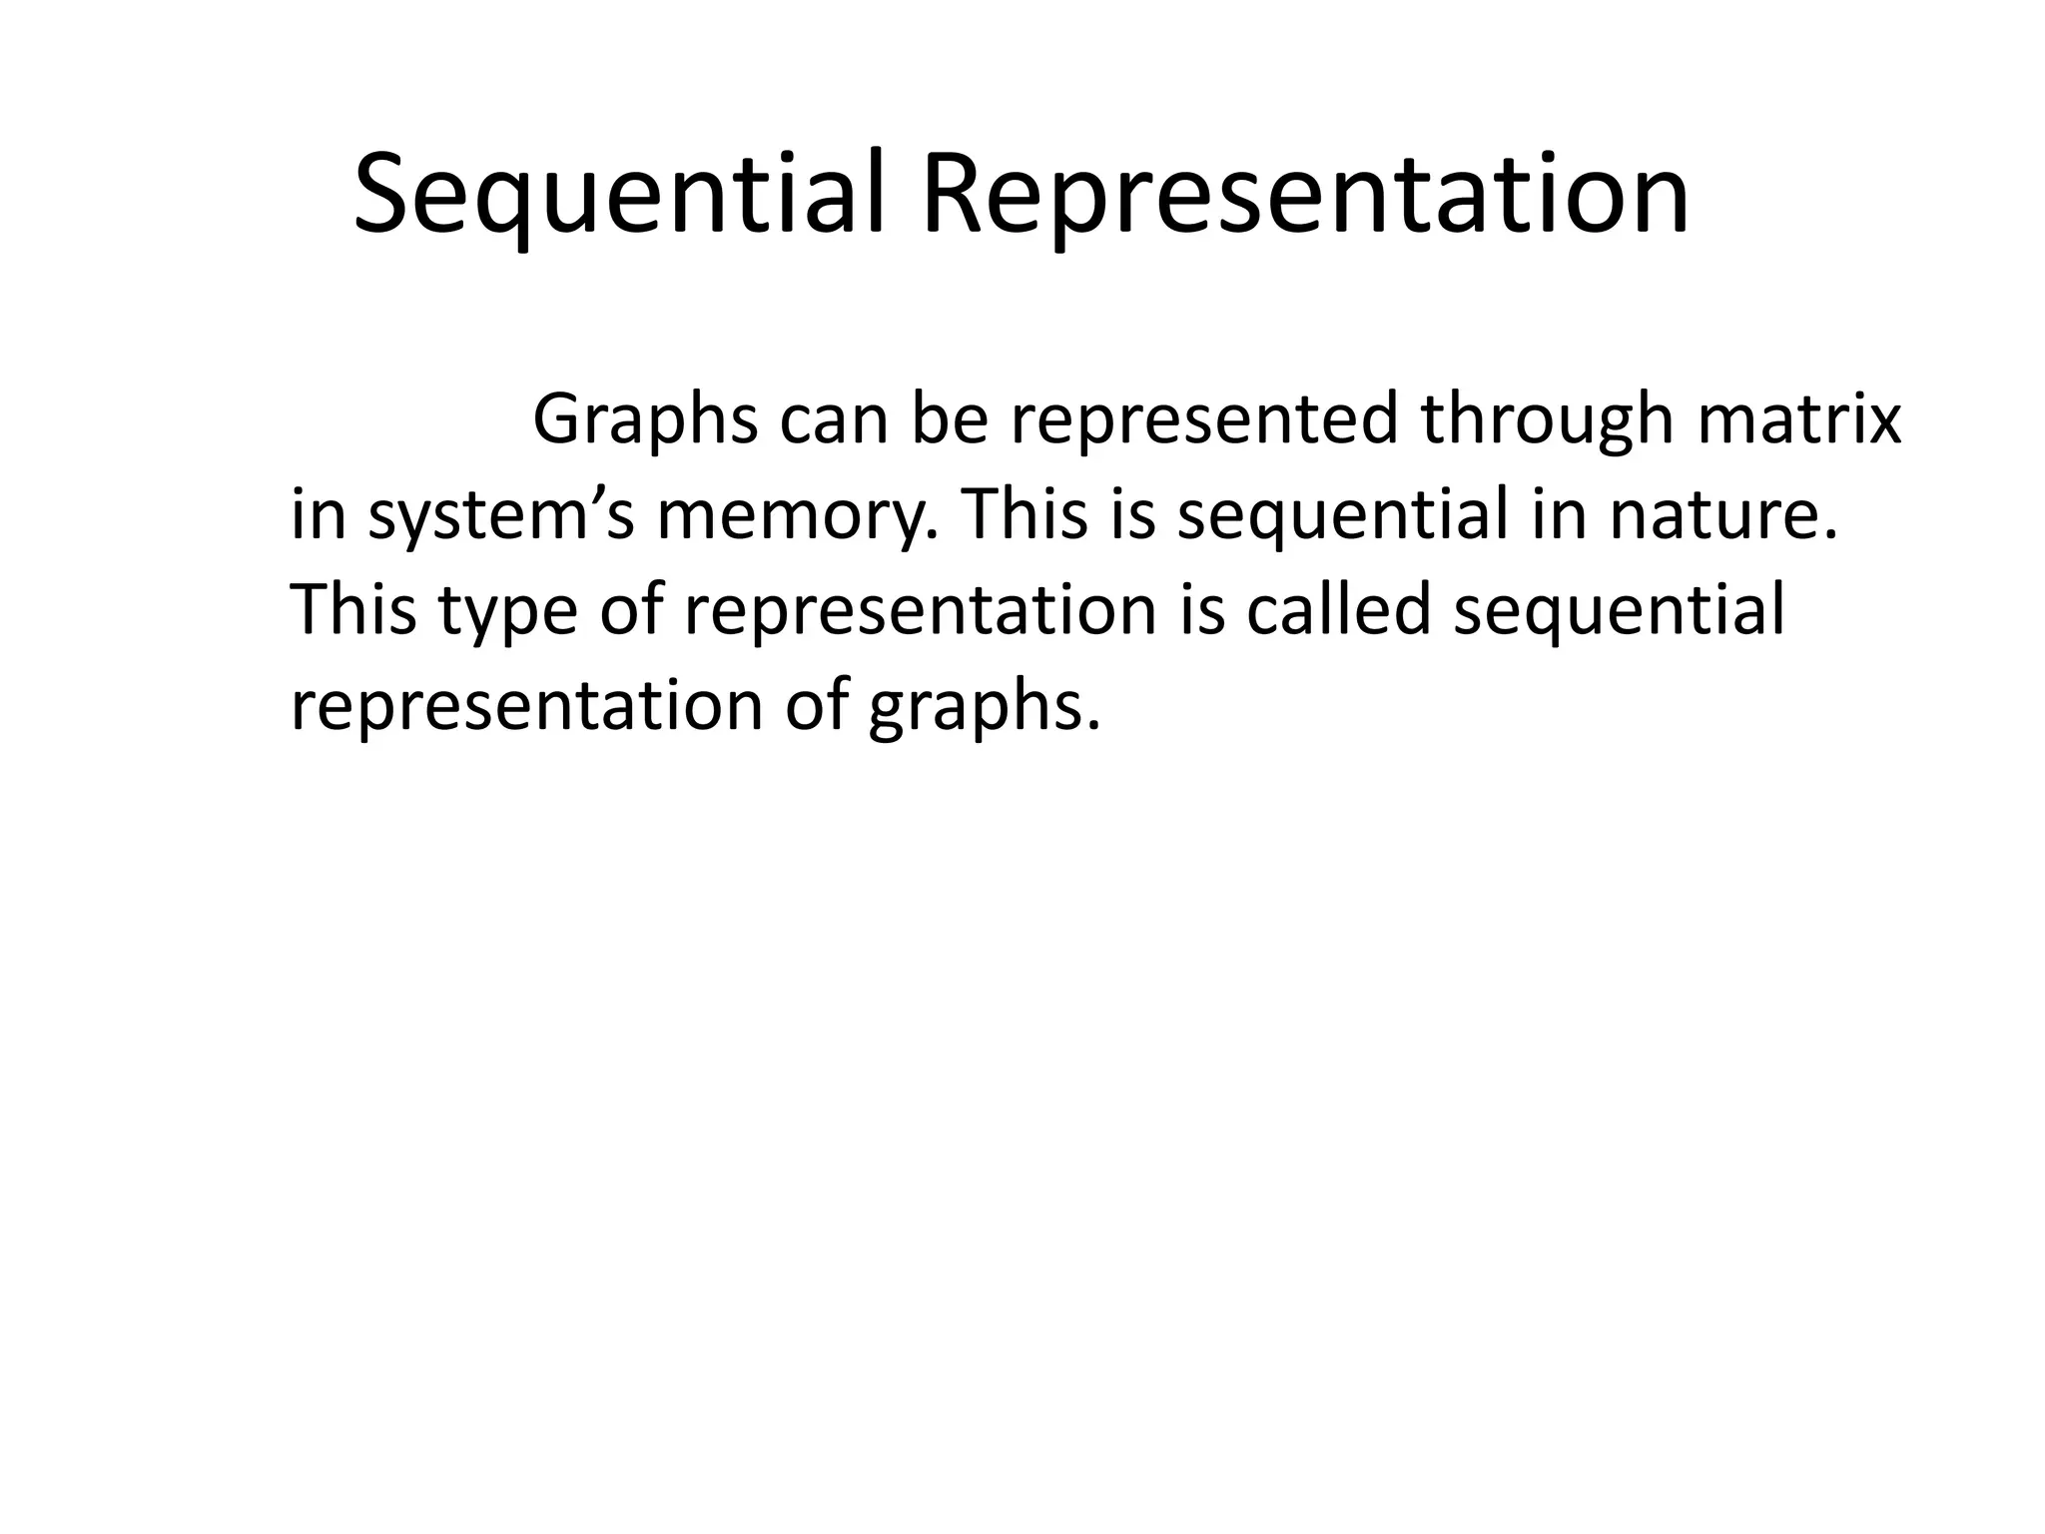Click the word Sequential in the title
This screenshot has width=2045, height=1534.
619,195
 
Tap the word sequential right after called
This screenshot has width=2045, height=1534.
1619,611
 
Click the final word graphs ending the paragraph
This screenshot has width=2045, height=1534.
984,707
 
